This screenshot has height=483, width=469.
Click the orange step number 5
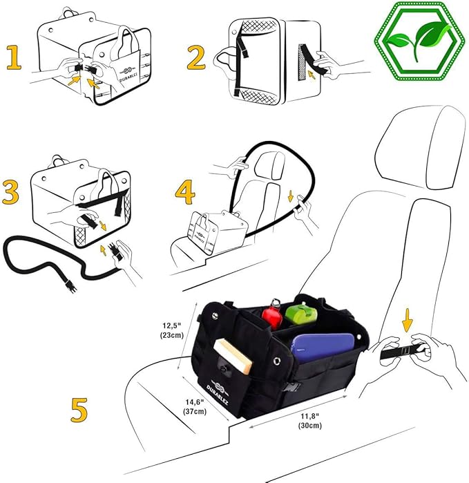[x=79, y=408]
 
